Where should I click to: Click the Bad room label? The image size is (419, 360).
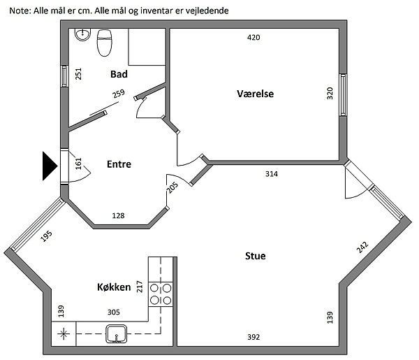pos(119,73)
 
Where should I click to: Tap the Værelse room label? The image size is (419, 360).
pos(255,94)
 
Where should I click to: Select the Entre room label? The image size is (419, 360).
pos(119,164)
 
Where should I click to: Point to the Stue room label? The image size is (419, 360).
pos(255,256)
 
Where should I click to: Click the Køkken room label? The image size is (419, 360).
pos(115,287)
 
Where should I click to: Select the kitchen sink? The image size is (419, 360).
pos(115,334)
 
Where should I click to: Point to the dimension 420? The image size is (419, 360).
pos(253,38)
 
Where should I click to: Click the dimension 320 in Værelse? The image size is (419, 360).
pos(330,94)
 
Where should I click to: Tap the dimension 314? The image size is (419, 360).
pos(272,173)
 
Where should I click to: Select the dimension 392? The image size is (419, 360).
pos(253,337)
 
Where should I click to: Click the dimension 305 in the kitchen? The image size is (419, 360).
pos(112,312)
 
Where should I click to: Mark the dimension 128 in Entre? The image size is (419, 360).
pos(119,216)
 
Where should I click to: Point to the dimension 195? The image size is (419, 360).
pos(47,236)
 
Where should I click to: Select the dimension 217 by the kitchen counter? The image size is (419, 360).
pos(140,286)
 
